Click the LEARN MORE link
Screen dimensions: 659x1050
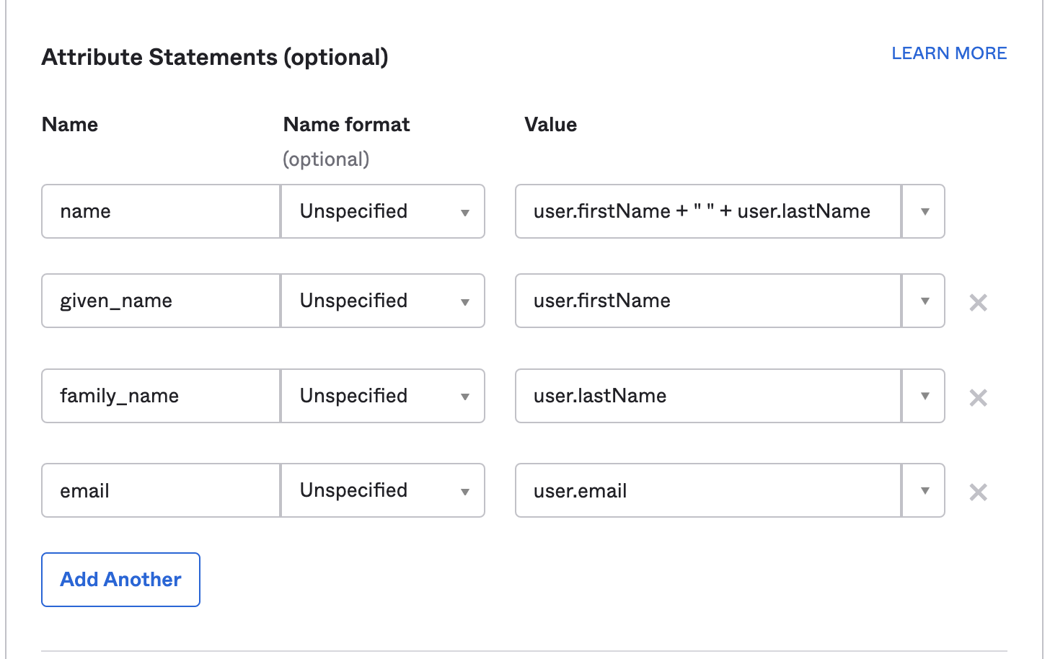tap(949, 53)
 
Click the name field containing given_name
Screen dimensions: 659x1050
tap(160, 301)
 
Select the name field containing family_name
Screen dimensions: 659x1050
tap(160, 396)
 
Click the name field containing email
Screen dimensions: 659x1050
tap(160, 491)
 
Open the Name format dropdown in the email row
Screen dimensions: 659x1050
tap(383, 491)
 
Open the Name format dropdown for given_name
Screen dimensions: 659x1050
tap(383, 301)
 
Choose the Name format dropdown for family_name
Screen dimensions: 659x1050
tap(383, 396)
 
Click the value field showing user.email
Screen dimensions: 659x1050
tap(707, 491)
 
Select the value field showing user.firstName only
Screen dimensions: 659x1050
tap(707, 301)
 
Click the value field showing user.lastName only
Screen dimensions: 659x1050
tap(707, 396)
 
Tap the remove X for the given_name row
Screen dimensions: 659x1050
tap(978, 303)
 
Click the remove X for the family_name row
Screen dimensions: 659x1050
tap(978, 398)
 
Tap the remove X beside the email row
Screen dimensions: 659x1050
tap(978, 492)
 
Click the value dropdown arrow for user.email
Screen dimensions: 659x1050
tap(924, 491)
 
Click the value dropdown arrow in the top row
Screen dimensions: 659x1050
tap(924, 212)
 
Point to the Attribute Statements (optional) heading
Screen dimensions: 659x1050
tap(215, 57)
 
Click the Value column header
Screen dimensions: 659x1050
tap(551, 125)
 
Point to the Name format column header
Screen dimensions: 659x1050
tap(346, 125)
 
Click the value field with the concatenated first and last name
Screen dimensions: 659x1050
tap(707, 212)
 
